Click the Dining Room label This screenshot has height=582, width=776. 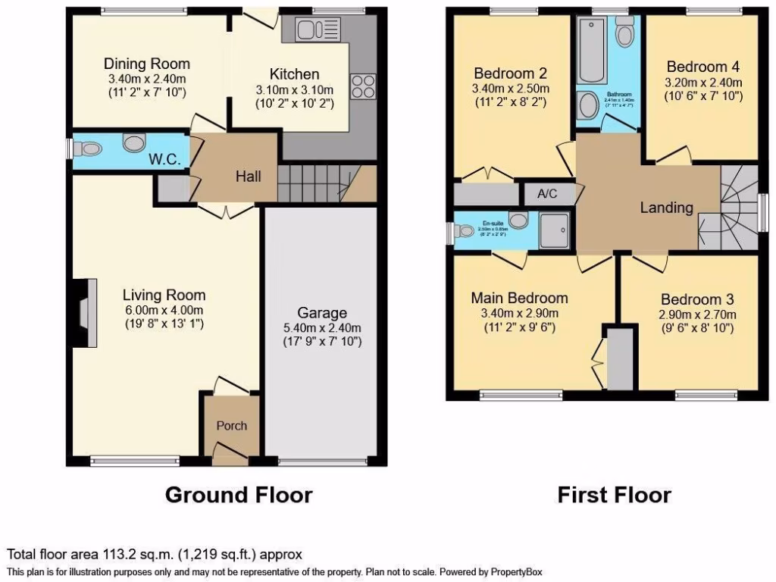(x=147, y=64)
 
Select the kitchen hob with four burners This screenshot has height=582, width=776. (x=362, y=86)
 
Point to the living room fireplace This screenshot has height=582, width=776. (x=83, y=312)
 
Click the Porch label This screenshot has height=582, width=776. (x=232, y=425)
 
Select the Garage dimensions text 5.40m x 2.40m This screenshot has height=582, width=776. (x=322, y=328)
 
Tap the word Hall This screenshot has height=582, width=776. (x=248, y=177)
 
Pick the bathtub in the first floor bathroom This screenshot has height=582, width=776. (x=591, y=50)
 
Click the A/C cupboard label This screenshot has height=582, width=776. (x=547, y=194)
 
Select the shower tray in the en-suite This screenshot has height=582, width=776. (x=557, y=230)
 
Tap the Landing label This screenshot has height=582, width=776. (x=667, y=208)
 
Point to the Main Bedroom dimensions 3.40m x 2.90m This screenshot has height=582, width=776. (x=519, y=314)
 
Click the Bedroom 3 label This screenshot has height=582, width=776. (x=696, y=299)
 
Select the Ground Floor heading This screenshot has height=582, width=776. (x=239, y=495)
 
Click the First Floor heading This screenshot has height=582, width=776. (x=614, y=495)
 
